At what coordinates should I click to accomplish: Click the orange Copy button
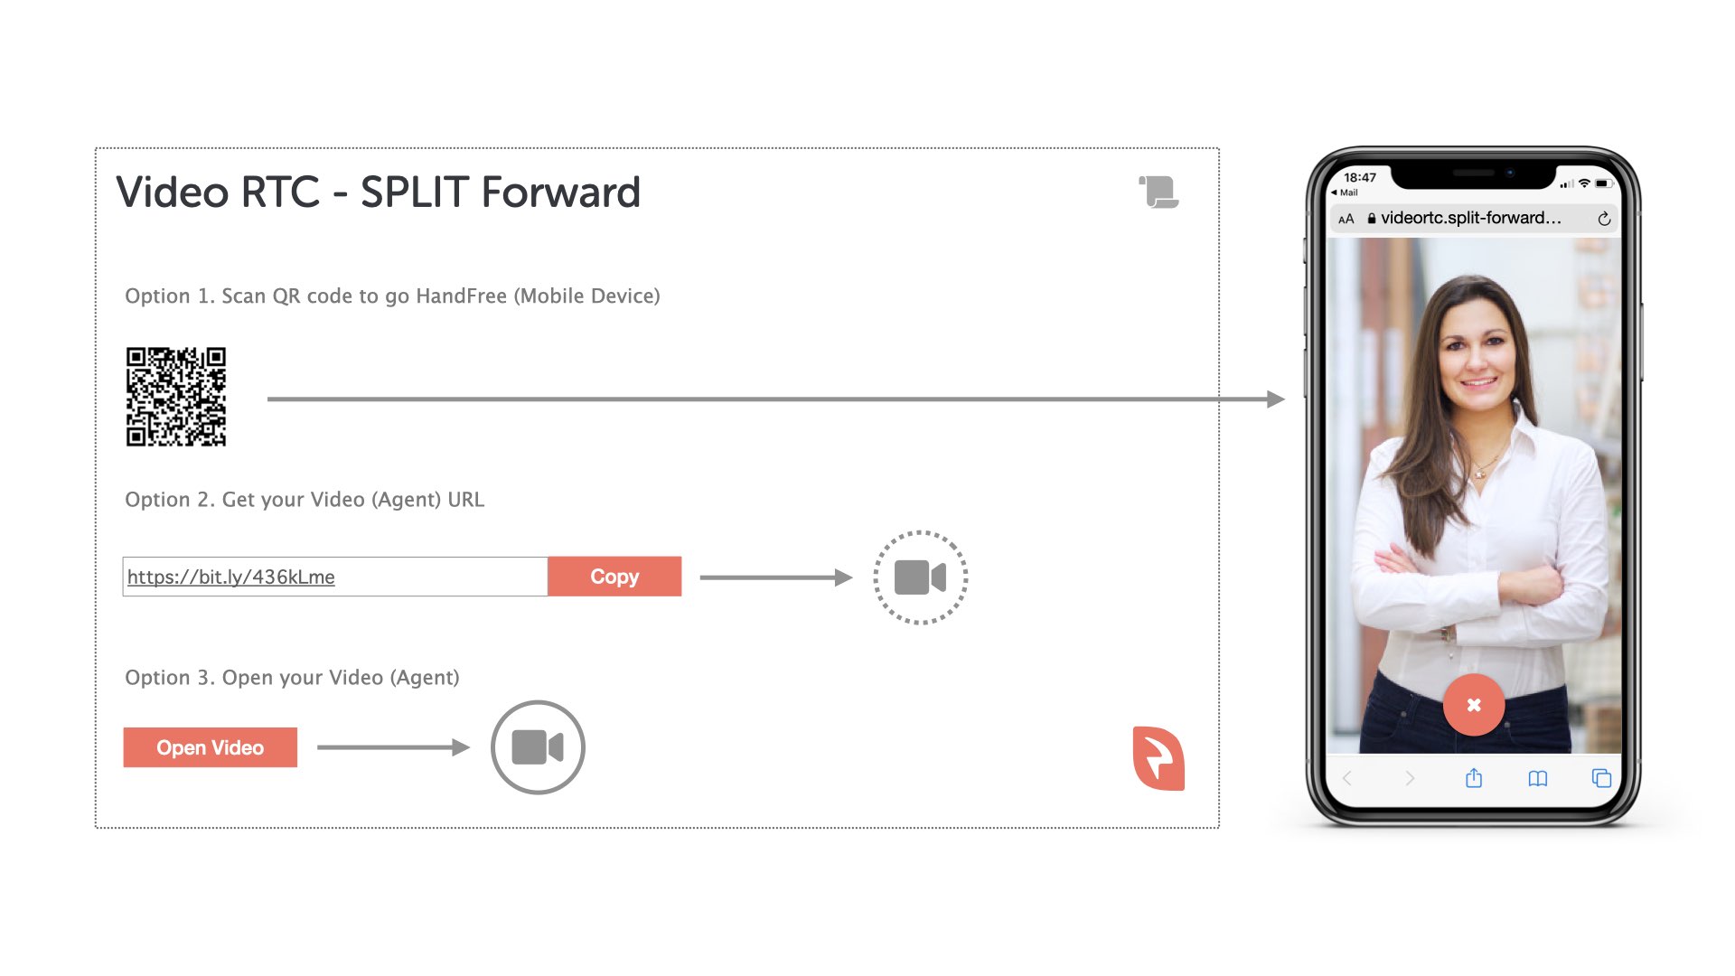(614, 577)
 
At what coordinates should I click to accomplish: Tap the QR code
(176, 397)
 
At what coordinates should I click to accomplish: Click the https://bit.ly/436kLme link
(231, 577)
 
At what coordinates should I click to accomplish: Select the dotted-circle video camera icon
(920, 577)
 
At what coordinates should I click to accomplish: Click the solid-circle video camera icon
(538, 747)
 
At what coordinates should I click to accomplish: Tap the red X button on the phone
(1474, 705)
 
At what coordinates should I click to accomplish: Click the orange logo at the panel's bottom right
(1158, 758)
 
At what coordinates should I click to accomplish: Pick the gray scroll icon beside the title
(1158, 192)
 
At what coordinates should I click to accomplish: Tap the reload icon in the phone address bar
(1604, 219)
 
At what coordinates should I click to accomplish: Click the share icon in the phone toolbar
(1474, 777)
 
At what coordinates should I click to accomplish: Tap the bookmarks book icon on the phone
(1537, 778)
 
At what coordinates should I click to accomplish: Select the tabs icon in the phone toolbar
(1601, 778)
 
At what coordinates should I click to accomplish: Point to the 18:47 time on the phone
(1360, 177)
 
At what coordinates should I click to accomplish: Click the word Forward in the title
(560, 192)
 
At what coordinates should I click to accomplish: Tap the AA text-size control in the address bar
(1346, 219)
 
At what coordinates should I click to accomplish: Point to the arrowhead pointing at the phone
(1276, 399)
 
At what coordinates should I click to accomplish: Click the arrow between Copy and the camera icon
(776, 577)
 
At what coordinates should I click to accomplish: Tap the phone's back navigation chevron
(1347, 778)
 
